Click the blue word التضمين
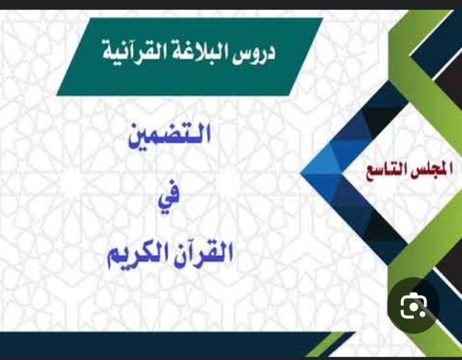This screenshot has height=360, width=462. pyautogui.click(x=170, y=136)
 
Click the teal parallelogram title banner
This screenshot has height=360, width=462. pyautogui.click(x=189, y=57)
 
